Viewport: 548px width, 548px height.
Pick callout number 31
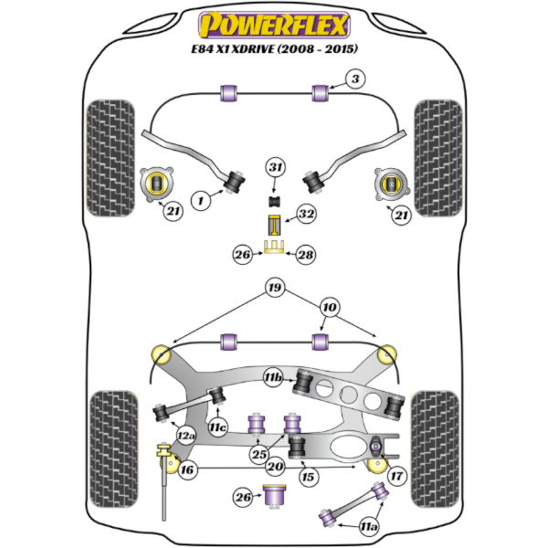pos(276,167)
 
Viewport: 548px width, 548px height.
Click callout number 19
pos(273,290)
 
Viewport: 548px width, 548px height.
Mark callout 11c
pos(216,427)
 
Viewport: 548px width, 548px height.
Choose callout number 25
pos(258,454)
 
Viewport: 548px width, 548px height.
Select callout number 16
pos(187,470)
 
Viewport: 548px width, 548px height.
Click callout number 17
pos(395,475)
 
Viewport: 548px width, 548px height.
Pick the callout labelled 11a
pos(369,525)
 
